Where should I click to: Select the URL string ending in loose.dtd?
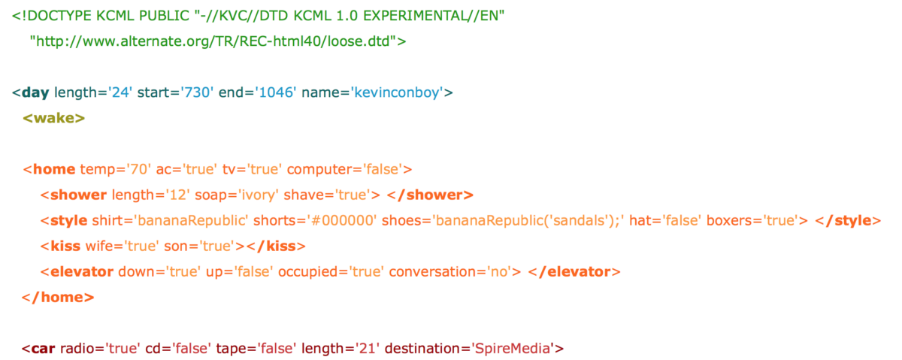213,41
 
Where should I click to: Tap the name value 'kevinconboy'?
397,92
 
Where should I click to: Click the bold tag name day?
35,92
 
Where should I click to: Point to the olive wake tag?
54,118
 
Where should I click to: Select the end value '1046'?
275,92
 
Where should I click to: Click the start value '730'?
197,92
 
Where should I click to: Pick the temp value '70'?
138,169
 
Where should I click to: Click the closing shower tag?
430,195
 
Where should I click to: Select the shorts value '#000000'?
342,221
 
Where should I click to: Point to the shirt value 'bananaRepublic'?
191,221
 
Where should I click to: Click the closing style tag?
848,221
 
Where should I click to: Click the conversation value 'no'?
498,272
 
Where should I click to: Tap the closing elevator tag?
574,272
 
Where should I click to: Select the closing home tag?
58,297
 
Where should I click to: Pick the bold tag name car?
43,349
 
